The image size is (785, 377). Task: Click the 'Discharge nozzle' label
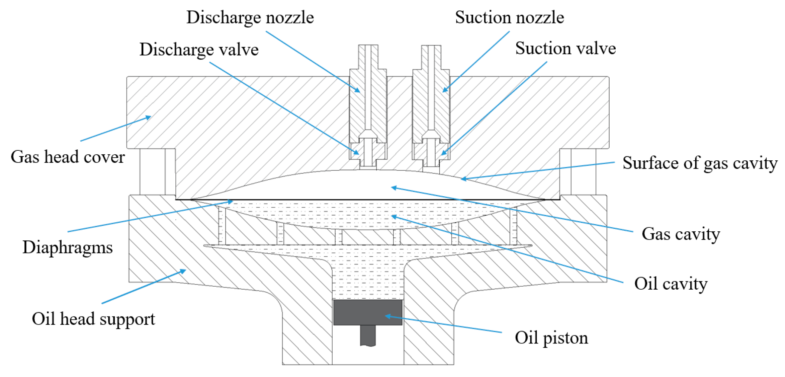tap(250, 17)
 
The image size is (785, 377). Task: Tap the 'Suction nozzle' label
tap(509, 17)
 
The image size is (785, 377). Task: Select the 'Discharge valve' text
tap(199, 50)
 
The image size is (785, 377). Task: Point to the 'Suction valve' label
tap(565, 48)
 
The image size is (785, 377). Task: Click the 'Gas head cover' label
tap(68, 157)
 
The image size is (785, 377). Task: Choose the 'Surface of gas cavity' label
tap(700, 163)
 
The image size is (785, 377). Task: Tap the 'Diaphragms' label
tap(68, 247)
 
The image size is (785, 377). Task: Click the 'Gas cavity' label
tap(681, 234)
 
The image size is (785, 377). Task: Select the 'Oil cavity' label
tap(671, 284)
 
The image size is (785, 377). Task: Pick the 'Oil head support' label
tap(93, 318)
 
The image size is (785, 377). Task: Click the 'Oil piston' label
tap(551, 337)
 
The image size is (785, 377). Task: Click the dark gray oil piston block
tap(367, 312)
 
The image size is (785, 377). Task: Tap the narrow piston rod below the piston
tap(367, 335)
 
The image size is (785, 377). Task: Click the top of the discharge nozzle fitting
tap(368, 46)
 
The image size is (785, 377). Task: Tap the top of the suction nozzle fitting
tap(431, 46)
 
